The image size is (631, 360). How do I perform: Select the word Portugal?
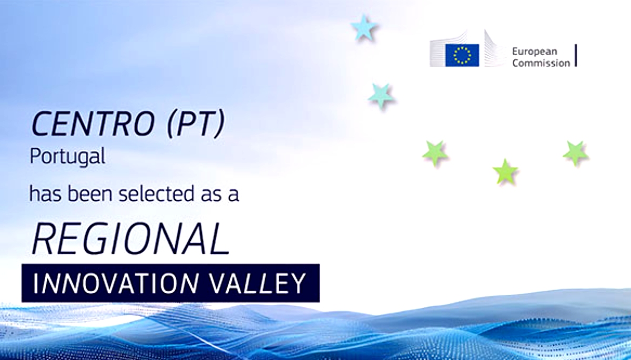[67, 157]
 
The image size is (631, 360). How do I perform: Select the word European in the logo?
[534, 52]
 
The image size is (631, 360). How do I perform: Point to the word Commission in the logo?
[541, 63]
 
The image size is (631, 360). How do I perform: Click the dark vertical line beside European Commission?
[576, 55]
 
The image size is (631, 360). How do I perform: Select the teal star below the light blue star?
[381, 96]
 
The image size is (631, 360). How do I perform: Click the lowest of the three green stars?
[505, 172]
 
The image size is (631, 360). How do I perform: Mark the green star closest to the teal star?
[435, 153]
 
